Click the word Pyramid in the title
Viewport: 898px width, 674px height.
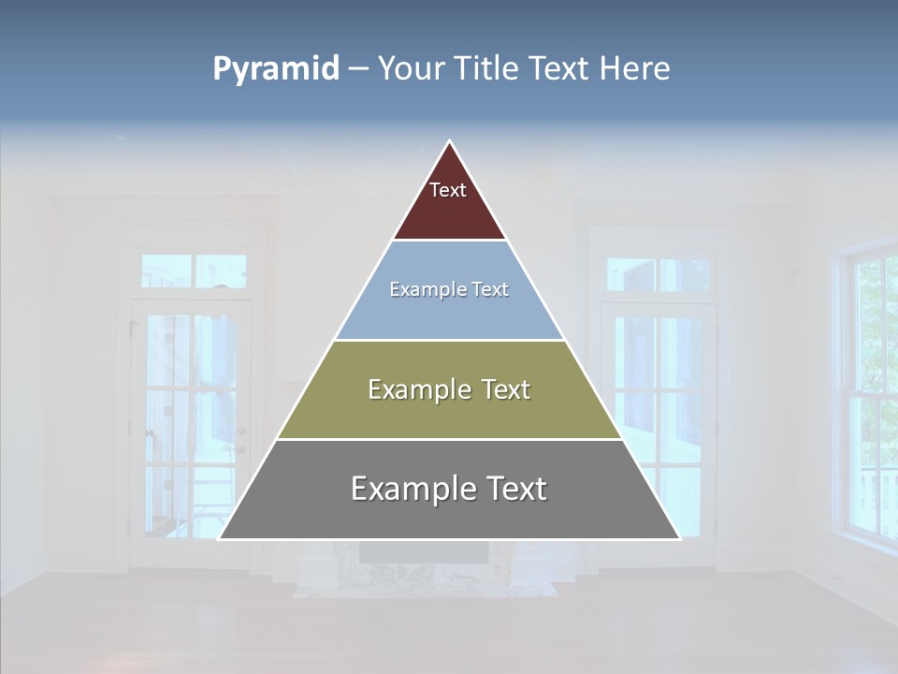coord(275,69)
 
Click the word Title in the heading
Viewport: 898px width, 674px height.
coord(485,69)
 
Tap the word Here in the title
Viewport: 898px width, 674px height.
coord(635,69)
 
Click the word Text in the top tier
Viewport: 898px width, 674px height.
coord(448,190)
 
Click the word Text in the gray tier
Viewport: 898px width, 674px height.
coord(512,489)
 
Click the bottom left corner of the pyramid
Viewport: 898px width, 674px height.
coord(220,538)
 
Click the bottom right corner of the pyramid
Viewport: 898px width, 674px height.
coord(680,538)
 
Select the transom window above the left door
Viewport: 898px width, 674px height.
coord(194,271)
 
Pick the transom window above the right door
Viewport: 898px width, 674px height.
coord(658,274)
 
